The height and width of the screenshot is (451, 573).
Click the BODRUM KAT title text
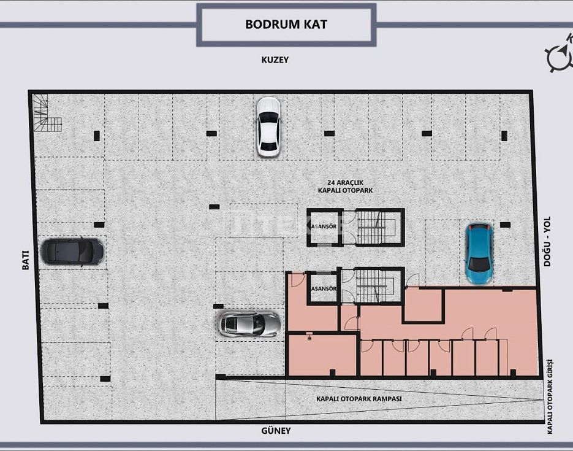point(286,24)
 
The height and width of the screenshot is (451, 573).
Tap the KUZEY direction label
point(275,60)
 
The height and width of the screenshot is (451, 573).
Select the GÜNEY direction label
point(276,431)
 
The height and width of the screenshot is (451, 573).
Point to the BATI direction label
point(26,260)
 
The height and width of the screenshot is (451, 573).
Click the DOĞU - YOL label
point(547,241)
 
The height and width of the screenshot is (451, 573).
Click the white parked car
point(268,127)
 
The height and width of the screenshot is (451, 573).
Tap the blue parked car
point(478,254)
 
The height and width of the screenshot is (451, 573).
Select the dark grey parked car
point(72,252)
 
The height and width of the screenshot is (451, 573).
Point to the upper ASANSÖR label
point(324,226)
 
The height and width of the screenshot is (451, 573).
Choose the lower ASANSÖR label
point(324,288)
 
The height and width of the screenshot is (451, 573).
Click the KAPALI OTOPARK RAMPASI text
point(359,399)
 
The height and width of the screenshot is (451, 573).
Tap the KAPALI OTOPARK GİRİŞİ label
point(550,396)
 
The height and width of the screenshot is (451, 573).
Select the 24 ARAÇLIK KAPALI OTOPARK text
point(346,187)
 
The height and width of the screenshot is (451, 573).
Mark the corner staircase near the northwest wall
point(46,113)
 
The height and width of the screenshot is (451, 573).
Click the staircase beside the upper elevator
point(375,227)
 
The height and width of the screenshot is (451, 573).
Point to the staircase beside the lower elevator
point(375,286)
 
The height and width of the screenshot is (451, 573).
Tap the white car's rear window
point(268,146)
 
